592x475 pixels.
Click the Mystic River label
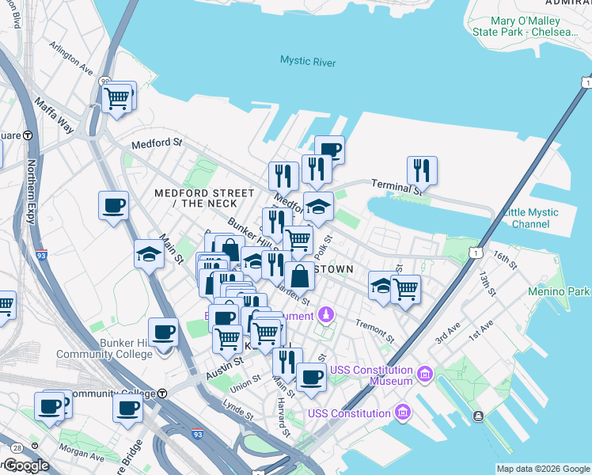(x=308, y=62)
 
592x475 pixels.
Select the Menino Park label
(x=559, y=292)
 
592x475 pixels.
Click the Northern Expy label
(x=32, y=177)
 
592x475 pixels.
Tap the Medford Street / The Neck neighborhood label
(x=204, y=198)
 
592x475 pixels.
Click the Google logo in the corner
(x=25, y=465)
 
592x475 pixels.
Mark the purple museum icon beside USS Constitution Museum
(x=425, y=371)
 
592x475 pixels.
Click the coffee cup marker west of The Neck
(x=112, y=207)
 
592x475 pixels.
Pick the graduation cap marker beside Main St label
(x=149, y=254)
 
